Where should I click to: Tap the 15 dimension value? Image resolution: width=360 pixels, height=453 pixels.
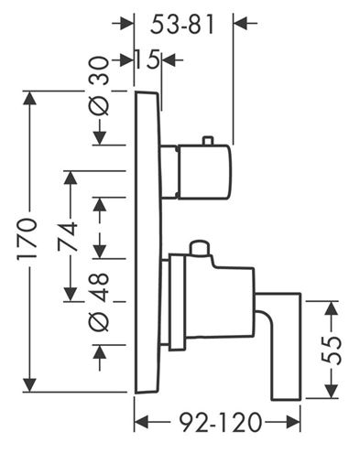point(148,59)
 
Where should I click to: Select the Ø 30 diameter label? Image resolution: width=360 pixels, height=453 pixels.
point(100,86)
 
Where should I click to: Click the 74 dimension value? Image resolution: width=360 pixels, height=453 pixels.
point(68,237)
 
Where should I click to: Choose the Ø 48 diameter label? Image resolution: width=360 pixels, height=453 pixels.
point(100,302)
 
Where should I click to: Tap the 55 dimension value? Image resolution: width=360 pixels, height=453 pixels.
point(332,351)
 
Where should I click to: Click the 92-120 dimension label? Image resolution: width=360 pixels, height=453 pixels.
point(221,423)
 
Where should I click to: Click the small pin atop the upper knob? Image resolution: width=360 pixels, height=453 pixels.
point(207,140)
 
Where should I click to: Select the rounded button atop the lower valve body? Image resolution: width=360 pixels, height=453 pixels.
point(200,247)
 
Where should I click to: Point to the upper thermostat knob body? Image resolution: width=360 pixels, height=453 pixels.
point(204,171)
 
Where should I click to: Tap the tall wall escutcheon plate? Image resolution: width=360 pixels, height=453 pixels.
point(147,243)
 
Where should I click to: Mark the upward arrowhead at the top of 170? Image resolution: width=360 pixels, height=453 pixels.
point(29,98)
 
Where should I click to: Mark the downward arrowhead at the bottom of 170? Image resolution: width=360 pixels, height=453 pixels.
point(29,385)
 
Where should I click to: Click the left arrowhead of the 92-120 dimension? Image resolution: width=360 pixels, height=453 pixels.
point(141,423)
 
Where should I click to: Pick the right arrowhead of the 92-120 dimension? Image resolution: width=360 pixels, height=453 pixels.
point(293,423)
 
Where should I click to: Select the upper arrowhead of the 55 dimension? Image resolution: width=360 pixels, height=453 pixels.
point(332,308)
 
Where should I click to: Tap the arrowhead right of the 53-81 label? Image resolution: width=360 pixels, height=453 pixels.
point(241,23)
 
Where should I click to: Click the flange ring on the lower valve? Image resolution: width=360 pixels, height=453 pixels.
point(177,302)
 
